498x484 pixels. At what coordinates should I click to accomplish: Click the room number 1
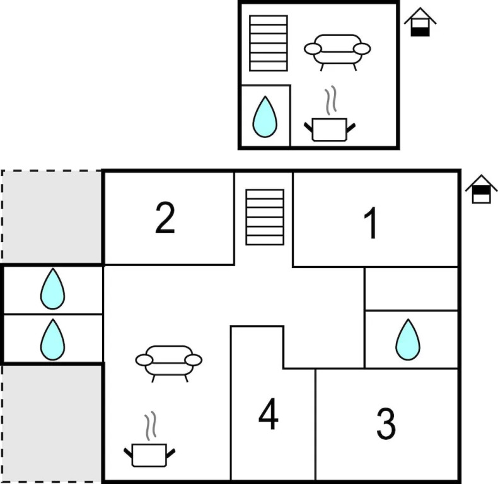pyautogui.click(x=372, y=224)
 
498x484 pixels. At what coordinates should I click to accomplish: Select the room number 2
pyautogui.click(x=165, y=218)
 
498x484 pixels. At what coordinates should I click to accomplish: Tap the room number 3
pyautogui.click(x=386, y=424)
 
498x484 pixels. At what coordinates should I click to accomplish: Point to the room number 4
pyautogui.click(x=269, y=415)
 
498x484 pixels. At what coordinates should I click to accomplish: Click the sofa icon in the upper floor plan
pyautogui.click(x=337, y=50)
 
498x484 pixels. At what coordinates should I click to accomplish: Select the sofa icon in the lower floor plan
pyautogui.click(x=169, y=361)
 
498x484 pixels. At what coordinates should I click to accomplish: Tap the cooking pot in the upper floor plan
pyautogui.click(x=330, y=129)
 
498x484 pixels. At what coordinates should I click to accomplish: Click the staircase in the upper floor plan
pyautogui.click(x=269, y=43)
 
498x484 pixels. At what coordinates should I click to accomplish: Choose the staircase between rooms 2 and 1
pyautogui.click(x=265, y=217)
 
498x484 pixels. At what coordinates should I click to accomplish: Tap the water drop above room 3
pyautogui.click(x=408, y=340)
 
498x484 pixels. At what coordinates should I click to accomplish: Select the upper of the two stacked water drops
pyautogui.click(x=52, y=289)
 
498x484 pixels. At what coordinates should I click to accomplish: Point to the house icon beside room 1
pyautogui.click(x=482, y=189)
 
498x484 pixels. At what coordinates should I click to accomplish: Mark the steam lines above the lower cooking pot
pyautogui.click(x=150, y=427)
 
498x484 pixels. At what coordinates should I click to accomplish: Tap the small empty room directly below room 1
pyautogui.click(x=411, y=289)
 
